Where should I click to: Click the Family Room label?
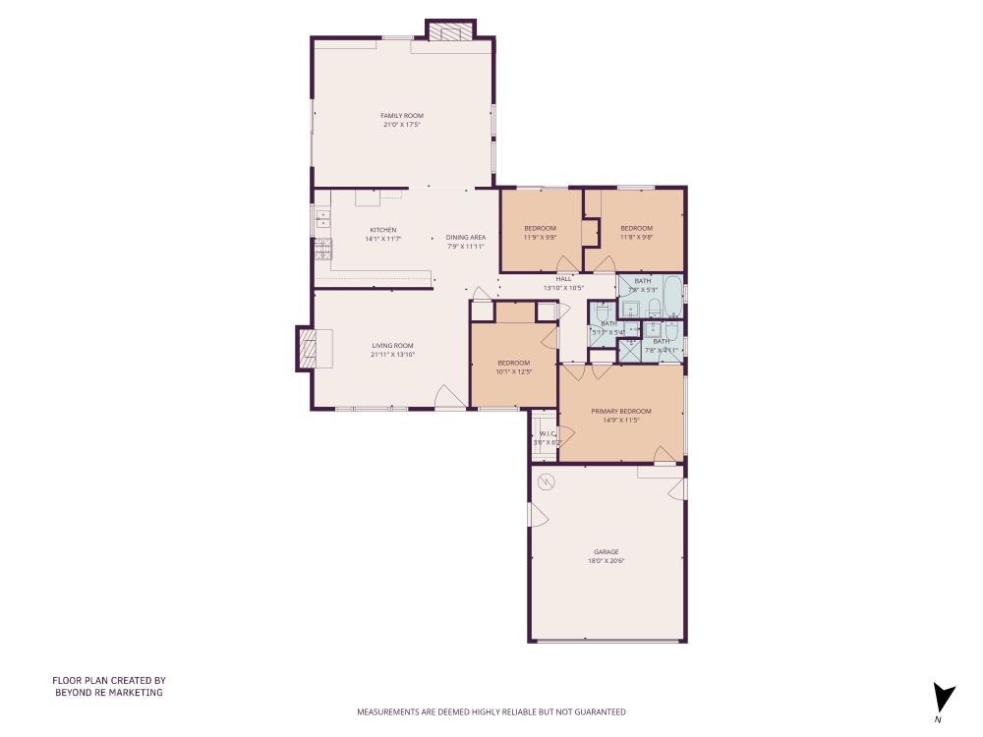402,116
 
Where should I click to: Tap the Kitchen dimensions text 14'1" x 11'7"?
382,239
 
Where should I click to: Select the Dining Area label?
465,237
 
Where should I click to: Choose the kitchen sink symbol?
321,218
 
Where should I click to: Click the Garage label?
606,552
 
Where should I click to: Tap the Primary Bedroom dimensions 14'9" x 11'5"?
621,420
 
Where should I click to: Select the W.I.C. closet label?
547,434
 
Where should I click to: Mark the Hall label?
563,279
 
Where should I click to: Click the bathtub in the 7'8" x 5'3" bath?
671,292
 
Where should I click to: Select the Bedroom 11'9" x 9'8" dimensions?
540,237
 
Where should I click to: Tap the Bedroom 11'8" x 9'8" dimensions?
636,237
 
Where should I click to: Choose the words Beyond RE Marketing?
108,693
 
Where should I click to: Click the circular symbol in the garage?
548,481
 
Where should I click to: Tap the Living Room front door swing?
445,397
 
